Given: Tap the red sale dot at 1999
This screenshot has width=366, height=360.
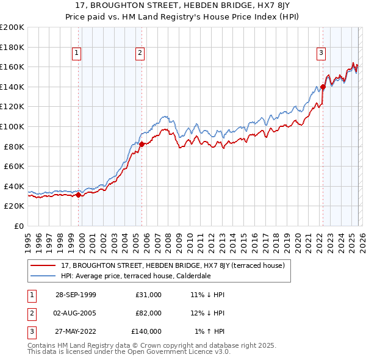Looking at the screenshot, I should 79,195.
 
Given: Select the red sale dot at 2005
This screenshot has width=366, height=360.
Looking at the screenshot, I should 142,144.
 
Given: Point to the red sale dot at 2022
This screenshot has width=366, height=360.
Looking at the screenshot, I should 323,87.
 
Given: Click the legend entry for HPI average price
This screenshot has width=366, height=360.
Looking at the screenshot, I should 135,275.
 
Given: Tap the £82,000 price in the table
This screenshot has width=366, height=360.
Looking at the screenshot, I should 149,313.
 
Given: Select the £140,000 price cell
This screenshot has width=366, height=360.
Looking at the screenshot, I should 147,331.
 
